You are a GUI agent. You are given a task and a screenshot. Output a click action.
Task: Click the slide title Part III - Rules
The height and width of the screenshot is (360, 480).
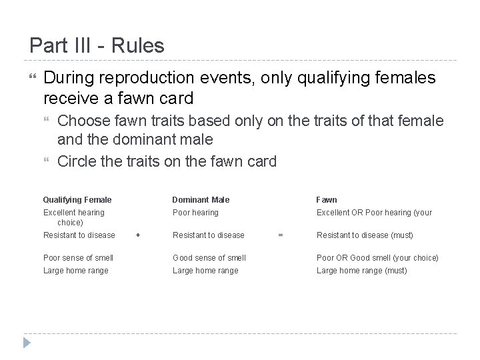point(97,46)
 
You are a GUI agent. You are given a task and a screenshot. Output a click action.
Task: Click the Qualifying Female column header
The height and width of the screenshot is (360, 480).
point(77,199)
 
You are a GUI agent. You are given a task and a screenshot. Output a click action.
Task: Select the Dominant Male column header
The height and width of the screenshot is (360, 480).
point(201,199)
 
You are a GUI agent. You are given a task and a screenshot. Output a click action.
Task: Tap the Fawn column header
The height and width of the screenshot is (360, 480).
point(327,199)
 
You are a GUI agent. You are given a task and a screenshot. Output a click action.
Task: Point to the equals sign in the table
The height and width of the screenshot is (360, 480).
point(281,235)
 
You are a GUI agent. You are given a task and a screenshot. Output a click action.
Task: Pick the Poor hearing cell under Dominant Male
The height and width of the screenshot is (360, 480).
point(195,213)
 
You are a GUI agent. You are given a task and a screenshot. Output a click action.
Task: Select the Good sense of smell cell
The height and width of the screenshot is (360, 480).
point(209,257)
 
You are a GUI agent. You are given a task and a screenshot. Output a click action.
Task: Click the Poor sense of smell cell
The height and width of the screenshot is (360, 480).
point(78,257)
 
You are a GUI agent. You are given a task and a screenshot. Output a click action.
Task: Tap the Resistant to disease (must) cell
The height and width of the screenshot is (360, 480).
point(365,235)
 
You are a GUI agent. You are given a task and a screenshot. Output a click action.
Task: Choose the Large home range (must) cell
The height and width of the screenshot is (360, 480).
point(361,270)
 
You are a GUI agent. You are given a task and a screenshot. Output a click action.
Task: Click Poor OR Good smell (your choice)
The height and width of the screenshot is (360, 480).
point(377,257)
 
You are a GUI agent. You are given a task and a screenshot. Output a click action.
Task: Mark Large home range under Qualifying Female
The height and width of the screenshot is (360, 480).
point(75,270)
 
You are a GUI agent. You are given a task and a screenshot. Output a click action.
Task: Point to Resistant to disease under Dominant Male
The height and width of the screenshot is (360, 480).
point(209,235)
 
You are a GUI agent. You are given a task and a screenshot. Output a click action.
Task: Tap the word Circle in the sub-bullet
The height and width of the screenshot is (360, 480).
point(76,161)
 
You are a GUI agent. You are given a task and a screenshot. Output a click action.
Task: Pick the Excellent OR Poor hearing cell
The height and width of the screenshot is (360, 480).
point(374,213)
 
